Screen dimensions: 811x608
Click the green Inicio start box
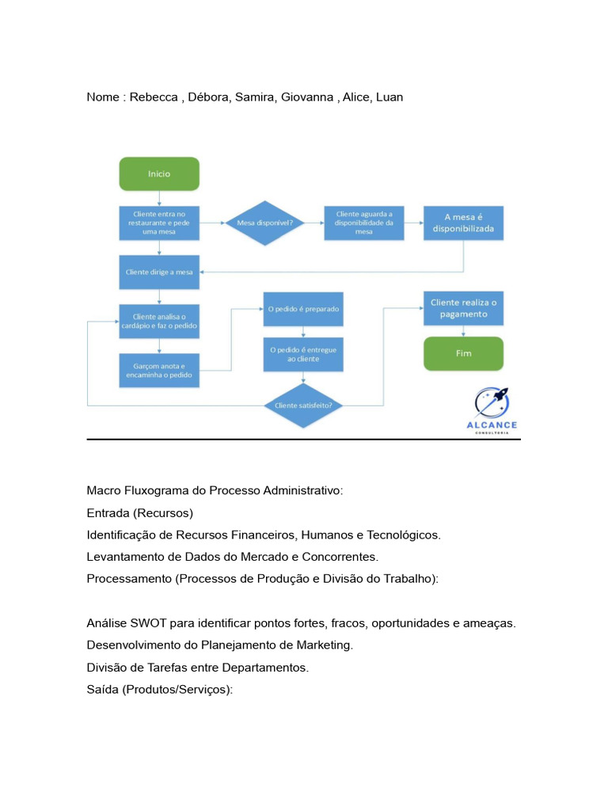tap(158, 173)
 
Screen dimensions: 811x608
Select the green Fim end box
tap(463, 353)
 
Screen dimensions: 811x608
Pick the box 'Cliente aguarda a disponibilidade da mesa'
tap(363, 223)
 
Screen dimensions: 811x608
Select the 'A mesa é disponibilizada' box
tap(463, 223)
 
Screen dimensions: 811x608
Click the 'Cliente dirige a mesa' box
tap(158, 272)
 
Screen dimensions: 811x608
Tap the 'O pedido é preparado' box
tap(303, 309)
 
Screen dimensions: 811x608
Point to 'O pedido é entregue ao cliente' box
tap(303, 354)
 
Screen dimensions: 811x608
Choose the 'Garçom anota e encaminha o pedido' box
tap(158, 371)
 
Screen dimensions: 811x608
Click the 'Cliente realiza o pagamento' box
tap(463, 309)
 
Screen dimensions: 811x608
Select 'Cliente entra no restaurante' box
tap(158, 223)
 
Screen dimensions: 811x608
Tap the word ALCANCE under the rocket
tap(492, 425)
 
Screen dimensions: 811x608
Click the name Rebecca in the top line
tap(154, 97)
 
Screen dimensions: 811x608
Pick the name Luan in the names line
tap(389, 97)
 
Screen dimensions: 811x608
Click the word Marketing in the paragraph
tap(325, 645)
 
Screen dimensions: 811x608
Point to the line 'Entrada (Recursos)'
tap(139, 512)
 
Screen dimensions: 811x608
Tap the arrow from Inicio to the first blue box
tap(158, 198)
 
